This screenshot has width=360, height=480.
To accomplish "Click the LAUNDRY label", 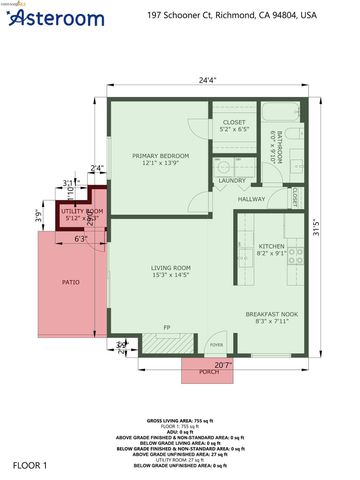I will point(232,180).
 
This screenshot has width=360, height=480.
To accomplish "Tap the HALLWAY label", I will point(252,199).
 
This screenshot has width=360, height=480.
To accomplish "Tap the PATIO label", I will point(70,282).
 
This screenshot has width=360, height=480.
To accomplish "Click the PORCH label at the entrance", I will point(209,371).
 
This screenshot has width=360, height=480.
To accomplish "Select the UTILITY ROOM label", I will point(83,213).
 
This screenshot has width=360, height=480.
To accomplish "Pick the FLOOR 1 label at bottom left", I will point(31,466).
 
